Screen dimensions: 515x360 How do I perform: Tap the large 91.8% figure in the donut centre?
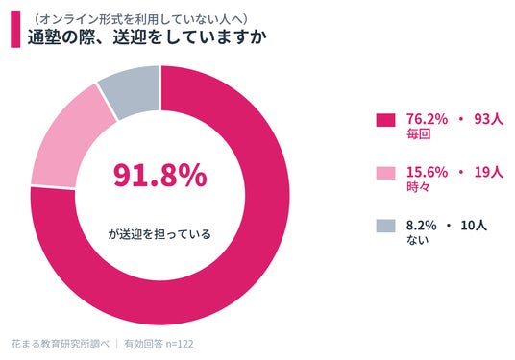[160, 176]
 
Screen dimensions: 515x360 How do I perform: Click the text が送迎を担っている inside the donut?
[159, 234]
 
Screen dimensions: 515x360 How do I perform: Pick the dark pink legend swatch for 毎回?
[385, 120]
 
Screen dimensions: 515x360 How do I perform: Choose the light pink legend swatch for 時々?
[385, 173]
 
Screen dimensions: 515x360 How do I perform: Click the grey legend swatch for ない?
[385, 226]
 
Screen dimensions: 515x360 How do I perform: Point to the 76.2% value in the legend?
[427, 119]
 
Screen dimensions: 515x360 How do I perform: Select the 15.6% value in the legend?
[427, 172]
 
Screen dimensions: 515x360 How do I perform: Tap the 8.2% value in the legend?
[422, 226]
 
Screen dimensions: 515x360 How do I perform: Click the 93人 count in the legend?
[489, 119]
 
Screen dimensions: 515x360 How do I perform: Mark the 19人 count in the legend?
[489, 172]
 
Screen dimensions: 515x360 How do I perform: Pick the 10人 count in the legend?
[474, 226]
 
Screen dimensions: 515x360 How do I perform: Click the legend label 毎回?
[419, 134]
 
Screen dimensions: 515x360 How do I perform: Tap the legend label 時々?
[418, 187]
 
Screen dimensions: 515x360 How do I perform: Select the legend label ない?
[418, 240]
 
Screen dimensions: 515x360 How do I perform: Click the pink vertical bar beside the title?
[15, 29]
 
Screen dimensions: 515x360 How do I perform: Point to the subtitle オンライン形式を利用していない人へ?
[140, 19]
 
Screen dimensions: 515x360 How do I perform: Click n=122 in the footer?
[180, 344]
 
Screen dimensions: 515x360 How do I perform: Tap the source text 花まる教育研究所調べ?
[61, 344]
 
